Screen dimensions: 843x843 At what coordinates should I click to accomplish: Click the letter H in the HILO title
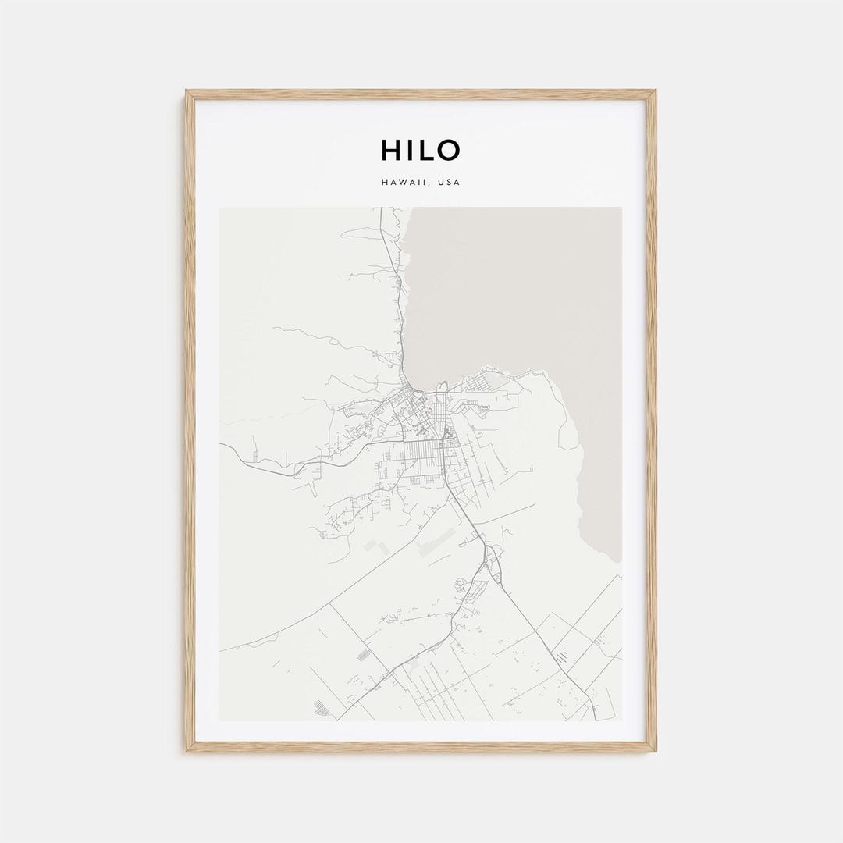[x=389, y=150]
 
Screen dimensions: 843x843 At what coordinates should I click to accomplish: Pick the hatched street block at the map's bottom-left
[x=321, y=709]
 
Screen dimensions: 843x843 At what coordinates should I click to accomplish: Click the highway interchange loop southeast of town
[x=493, y=556]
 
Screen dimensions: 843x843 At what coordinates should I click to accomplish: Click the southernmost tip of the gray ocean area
[x=617, y=560]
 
